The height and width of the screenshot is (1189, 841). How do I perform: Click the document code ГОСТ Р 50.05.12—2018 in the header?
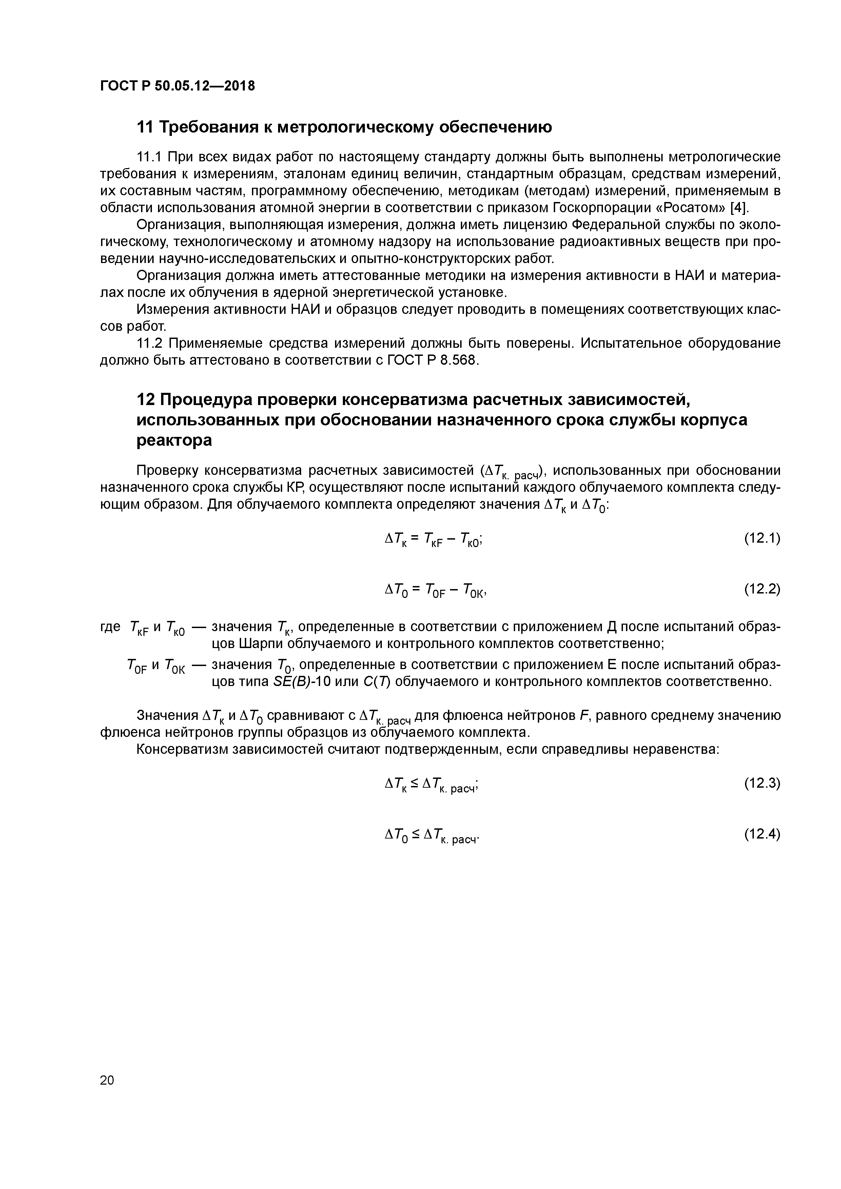[177, 86]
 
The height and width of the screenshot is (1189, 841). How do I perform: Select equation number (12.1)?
[762, 539]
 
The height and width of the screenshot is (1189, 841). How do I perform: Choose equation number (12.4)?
[762, 834]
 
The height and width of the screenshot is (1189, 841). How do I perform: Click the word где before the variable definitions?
[110, 627]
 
